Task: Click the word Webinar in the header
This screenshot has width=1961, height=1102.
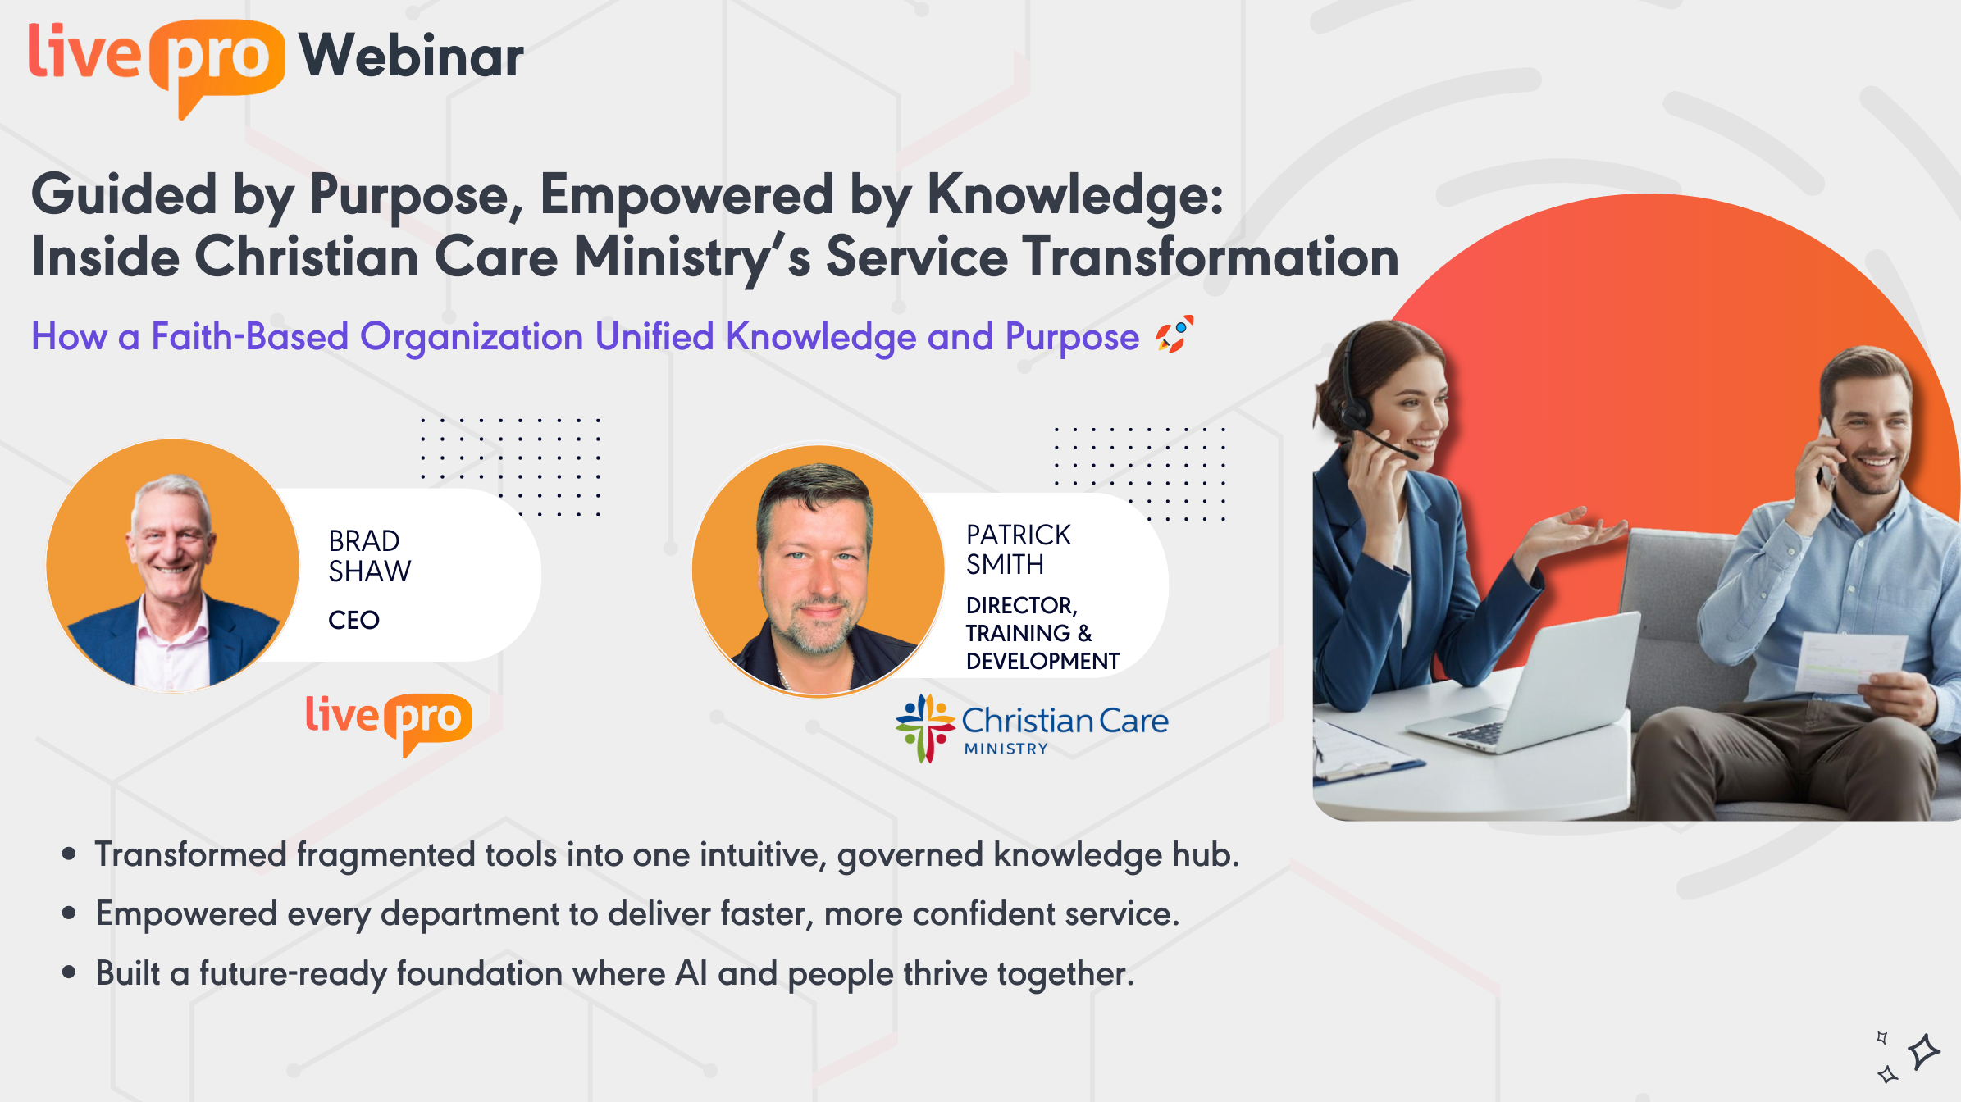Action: [x=411, y=56]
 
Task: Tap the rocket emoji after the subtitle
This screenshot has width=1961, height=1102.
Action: [x=1174, y=335]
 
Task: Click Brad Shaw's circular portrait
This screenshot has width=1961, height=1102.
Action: [x=173, y=566]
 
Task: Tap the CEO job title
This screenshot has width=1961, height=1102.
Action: [x=353, y=620]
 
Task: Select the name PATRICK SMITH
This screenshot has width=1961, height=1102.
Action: [x=1018, y=549]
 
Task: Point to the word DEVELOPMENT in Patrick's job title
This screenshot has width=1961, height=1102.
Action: [x=1042, y=661]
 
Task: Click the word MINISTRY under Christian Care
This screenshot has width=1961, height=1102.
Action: [x=1006, y=749]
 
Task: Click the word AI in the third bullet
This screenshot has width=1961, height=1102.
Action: [x=691, y=973]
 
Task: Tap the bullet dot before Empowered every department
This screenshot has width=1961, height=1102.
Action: [x=69, y=913]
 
